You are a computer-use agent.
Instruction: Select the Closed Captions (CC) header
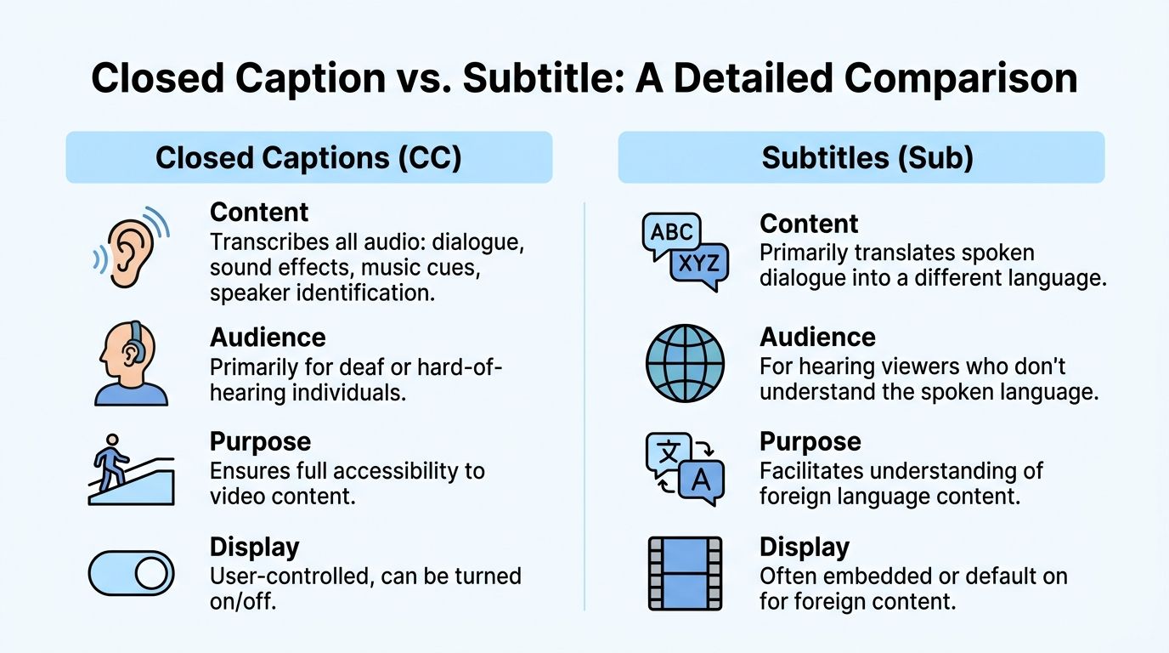pos(308,158)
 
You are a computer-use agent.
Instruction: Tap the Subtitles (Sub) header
pos(861,158)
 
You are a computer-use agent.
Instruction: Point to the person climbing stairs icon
pos(131,470)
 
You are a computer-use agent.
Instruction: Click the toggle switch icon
pos(131,573)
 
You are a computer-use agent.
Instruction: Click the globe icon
pos(685,363)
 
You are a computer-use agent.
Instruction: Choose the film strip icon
pos(685,573)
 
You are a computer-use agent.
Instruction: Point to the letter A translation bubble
pos(702,480)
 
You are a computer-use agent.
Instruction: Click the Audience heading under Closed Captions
pos(268,338)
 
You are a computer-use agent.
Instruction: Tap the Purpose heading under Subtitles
pos(810,442)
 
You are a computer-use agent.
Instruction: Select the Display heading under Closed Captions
pos(255,547)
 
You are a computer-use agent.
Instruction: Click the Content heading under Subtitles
pos(809,224)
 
